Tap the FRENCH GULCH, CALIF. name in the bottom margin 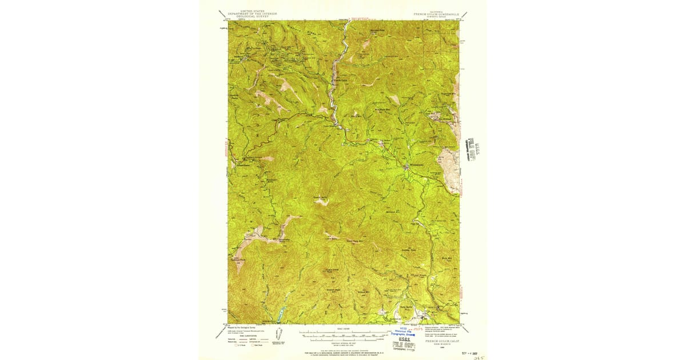(x=437, y=341)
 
